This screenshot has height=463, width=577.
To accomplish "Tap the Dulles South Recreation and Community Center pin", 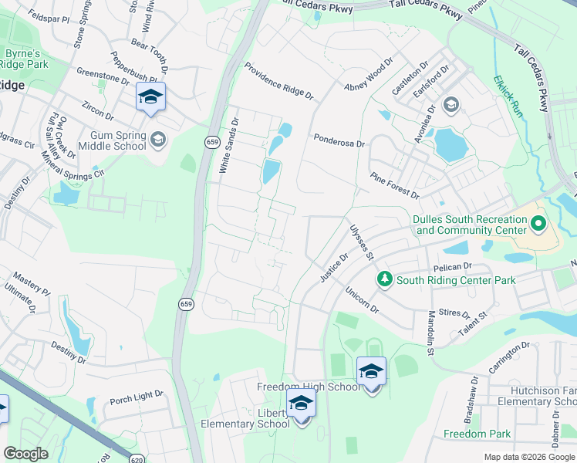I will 538,225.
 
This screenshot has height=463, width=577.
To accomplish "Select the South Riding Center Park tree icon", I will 383,278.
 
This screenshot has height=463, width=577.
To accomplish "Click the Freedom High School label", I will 309,387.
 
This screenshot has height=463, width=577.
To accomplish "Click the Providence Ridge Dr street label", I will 278,80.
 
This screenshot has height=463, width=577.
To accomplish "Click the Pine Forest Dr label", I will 394,186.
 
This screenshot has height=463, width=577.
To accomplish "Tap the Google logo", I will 25,454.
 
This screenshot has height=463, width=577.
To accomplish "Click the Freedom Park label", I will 477,434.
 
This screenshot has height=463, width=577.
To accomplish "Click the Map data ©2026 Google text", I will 528,457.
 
